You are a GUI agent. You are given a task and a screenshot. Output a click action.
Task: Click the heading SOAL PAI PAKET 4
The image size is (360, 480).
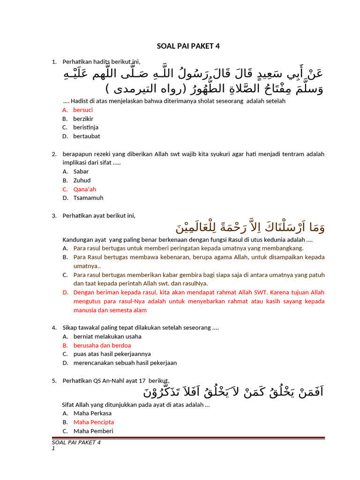(187, 46)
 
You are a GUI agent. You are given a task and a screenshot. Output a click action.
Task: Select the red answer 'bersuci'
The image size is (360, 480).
(83, 110)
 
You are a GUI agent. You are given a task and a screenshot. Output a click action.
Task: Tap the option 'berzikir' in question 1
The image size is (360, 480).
(83, 119)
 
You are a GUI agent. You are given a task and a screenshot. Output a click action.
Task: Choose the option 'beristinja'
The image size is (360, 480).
(85, 127)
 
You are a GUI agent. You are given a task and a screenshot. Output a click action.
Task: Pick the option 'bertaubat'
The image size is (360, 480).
(86, 136)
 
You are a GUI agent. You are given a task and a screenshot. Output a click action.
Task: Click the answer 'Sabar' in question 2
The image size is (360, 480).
(81, 172)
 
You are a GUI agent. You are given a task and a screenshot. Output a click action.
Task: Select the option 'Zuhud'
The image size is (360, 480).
(82, 180)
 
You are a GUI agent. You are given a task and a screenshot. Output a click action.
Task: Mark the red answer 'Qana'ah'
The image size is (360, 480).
(84, 189)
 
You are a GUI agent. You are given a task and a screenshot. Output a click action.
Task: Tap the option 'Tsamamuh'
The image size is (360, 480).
(88, 198)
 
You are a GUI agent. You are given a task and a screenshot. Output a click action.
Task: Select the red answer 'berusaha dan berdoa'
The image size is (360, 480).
(102, 345)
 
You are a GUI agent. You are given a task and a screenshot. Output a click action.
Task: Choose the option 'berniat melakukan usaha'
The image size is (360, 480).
(107, 337)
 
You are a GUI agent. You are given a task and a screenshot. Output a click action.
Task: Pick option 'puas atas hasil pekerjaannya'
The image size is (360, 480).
(112, 354)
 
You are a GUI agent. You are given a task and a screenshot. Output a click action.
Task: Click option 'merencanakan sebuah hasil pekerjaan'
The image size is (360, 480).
(125, 363)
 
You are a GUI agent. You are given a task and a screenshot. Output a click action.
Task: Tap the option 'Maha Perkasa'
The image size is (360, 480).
(92, 413)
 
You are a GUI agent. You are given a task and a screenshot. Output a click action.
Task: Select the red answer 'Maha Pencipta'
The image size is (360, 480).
(93, 422)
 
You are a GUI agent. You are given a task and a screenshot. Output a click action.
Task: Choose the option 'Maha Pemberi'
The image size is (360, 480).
(93, 431)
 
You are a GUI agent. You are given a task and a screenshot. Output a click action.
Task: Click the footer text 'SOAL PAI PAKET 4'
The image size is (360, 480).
(76, 442)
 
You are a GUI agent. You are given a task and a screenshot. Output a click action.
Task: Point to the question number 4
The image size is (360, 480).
(54, 328)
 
